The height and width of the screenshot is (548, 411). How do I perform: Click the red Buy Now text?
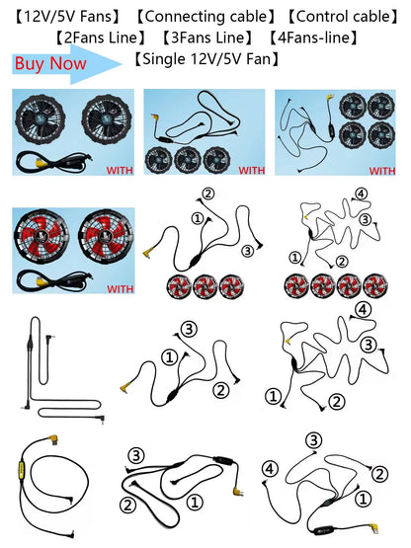point(50,63)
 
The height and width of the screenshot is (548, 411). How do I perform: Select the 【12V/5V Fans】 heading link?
point(67,17)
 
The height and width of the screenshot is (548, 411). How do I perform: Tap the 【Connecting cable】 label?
point(205,17)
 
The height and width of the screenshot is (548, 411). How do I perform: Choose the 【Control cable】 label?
point(343,17)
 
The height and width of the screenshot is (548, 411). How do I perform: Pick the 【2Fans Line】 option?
point(101,38)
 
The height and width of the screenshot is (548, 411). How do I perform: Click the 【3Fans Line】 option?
point(207,38)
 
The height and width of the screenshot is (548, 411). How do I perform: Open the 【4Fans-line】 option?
point(314,38)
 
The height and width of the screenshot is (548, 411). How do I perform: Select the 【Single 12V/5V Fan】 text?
point(206,58)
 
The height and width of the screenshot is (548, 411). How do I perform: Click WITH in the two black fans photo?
point(120,170)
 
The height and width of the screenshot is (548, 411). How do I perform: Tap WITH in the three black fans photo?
point(252,170)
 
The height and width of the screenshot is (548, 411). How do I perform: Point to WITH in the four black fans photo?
point(382,171)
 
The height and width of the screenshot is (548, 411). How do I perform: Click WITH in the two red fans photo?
point(120,288)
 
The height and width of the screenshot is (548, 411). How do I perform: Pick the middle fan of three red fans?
point(205,287)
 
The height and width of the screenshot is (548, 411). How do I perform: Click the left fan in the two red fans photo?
point(41,236)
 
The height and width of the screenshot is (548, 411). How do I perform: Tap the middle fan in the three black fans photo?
point(188,160)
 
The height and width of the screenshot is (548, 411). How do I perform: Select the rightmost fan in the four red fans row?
point(375,285)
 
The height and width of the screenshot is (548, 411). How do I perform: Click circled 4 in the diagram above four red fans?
point(361,194)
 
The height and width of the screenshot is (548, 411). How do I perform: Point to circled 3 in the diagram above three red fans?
point(248,251)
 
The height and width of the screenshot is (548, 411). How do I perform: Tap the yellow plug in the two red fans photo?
point(39,281)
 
